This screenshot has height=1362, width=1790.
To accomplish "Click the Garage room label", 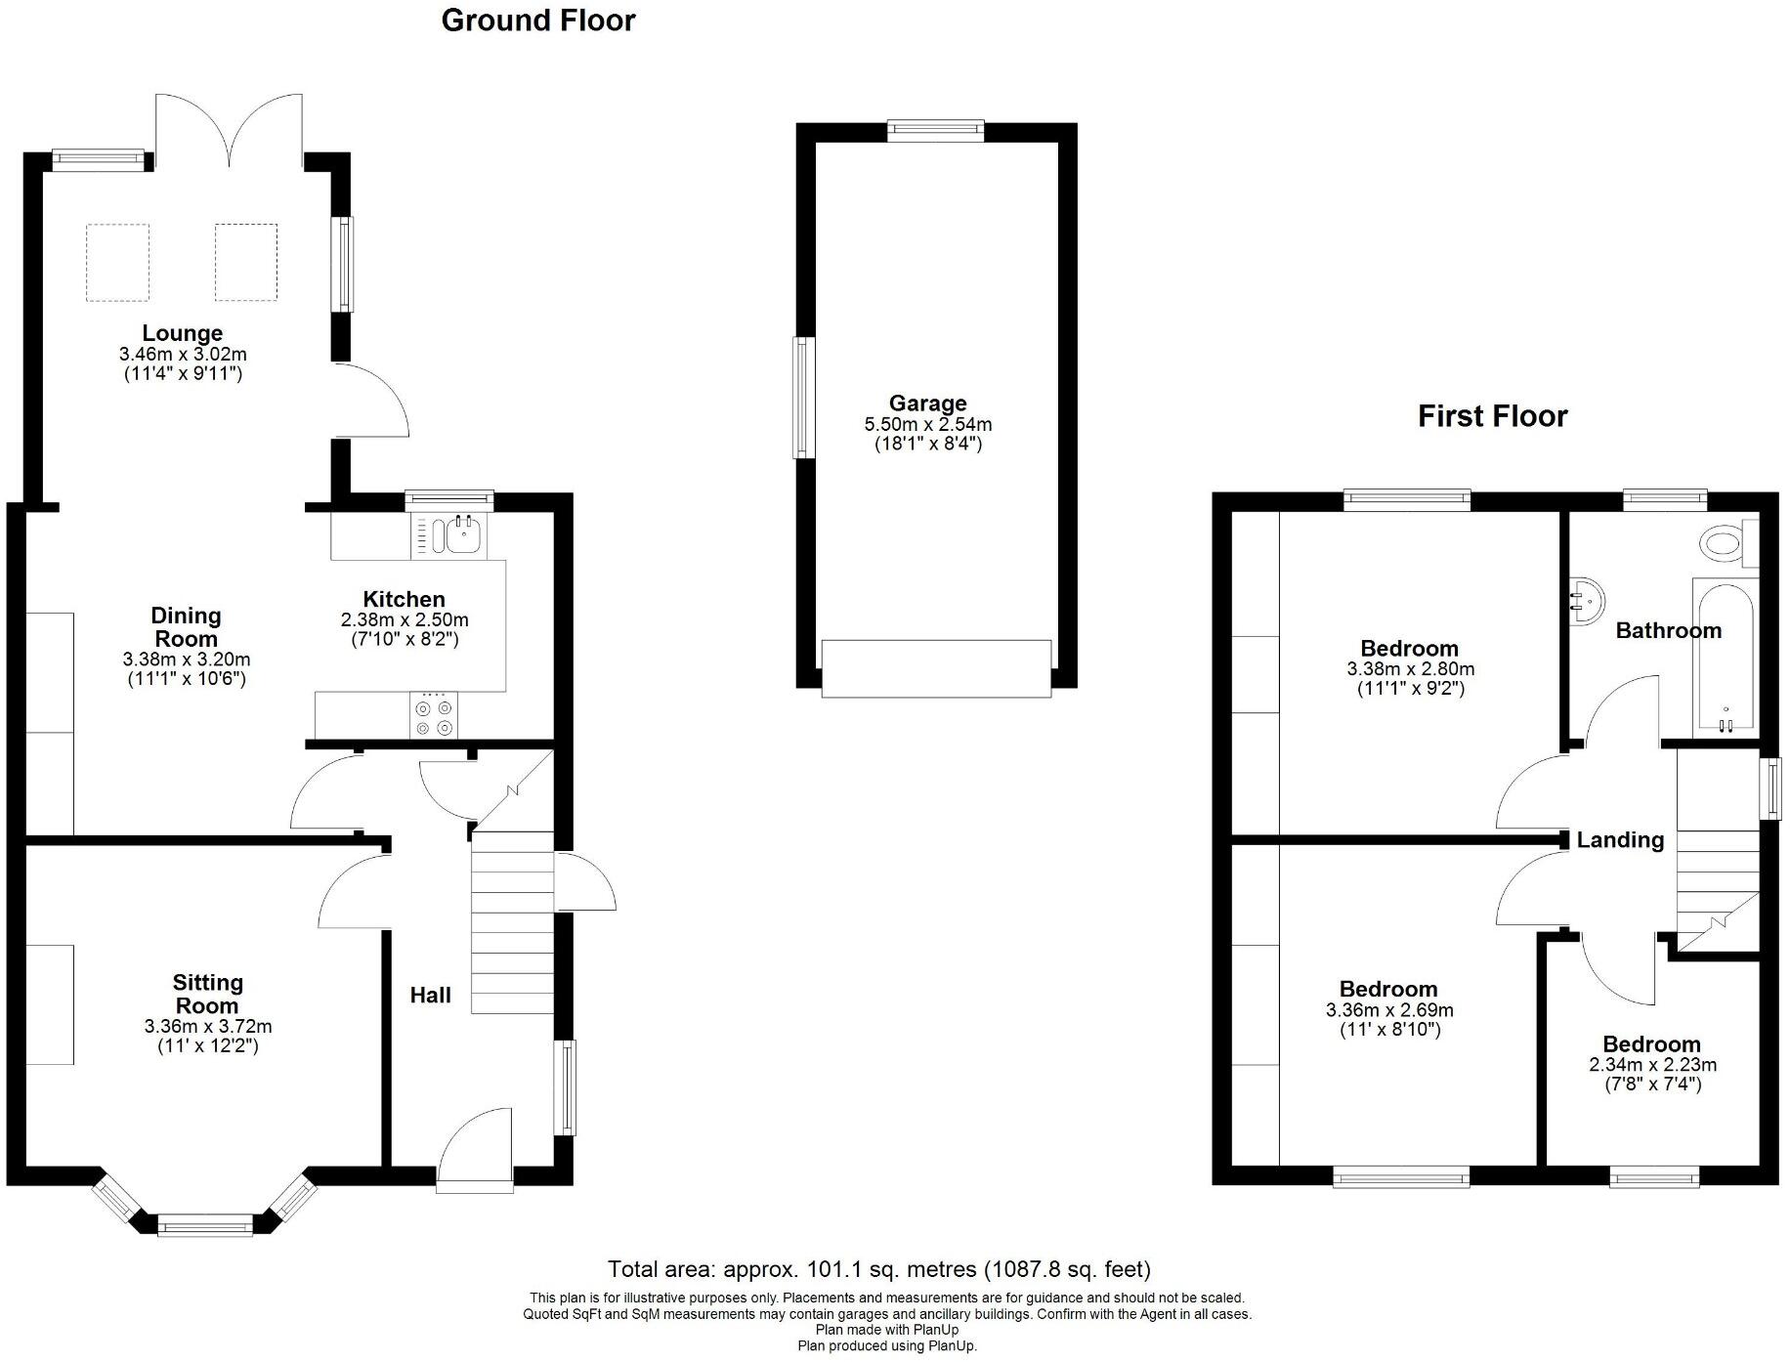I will tap(927, 403).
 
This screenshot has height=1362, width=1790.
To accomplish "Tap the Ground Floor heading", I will tap(538, 21).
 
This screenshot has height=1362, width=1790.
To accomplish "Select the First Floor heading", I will tap(1492, 416).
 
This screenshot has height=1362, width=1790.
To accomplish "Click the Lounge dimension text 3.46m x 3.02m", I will tap(183, 354).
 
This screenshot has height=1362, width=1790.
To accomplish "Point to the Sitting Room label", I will tap(207, 994).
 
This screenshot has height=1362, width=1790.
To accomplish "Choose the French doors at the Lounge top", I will tap(230, 132).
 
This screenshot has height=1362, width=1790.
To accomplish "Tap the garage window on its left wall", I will tap(803, 398).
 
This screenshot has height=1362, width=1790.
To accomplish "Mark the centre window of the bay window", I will tap(205, 1224).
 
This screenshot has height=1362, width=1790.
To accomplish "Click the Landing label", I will tap(1619, 840).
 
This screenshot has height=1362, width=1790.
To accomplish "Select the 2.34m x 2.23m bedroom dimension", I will tap(1652, 1065).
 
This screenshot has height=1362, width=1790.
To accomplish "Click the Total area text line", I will tap(879, 1269).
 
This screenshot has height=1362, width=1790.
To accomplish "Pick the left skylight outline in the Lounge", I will tap(118, 262).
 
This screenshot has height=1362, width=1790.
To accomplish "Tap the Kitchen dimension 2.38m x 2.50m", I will tap(405, 619).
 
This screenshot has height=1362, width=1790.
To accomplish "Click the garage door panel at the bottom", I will tap(936, 668).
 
